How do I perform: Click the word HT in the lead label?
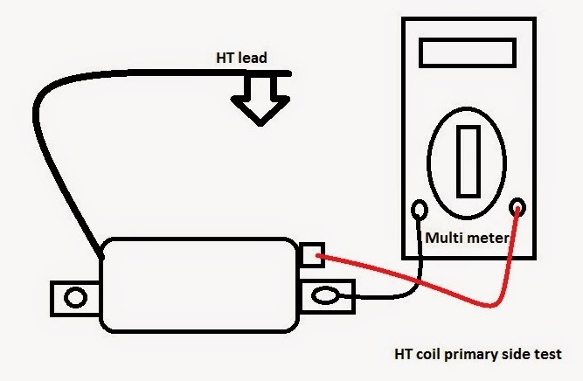click(226, 59)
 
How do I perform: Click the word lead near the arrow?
click(253, 59)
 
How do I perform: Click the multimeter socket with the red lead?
click(518, 208)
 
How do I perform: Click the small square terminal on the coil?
click(311, 256)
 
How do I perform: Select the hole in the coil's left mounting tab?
click(76, 299)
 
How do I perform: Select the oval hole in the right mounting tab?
click(328, 298)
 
